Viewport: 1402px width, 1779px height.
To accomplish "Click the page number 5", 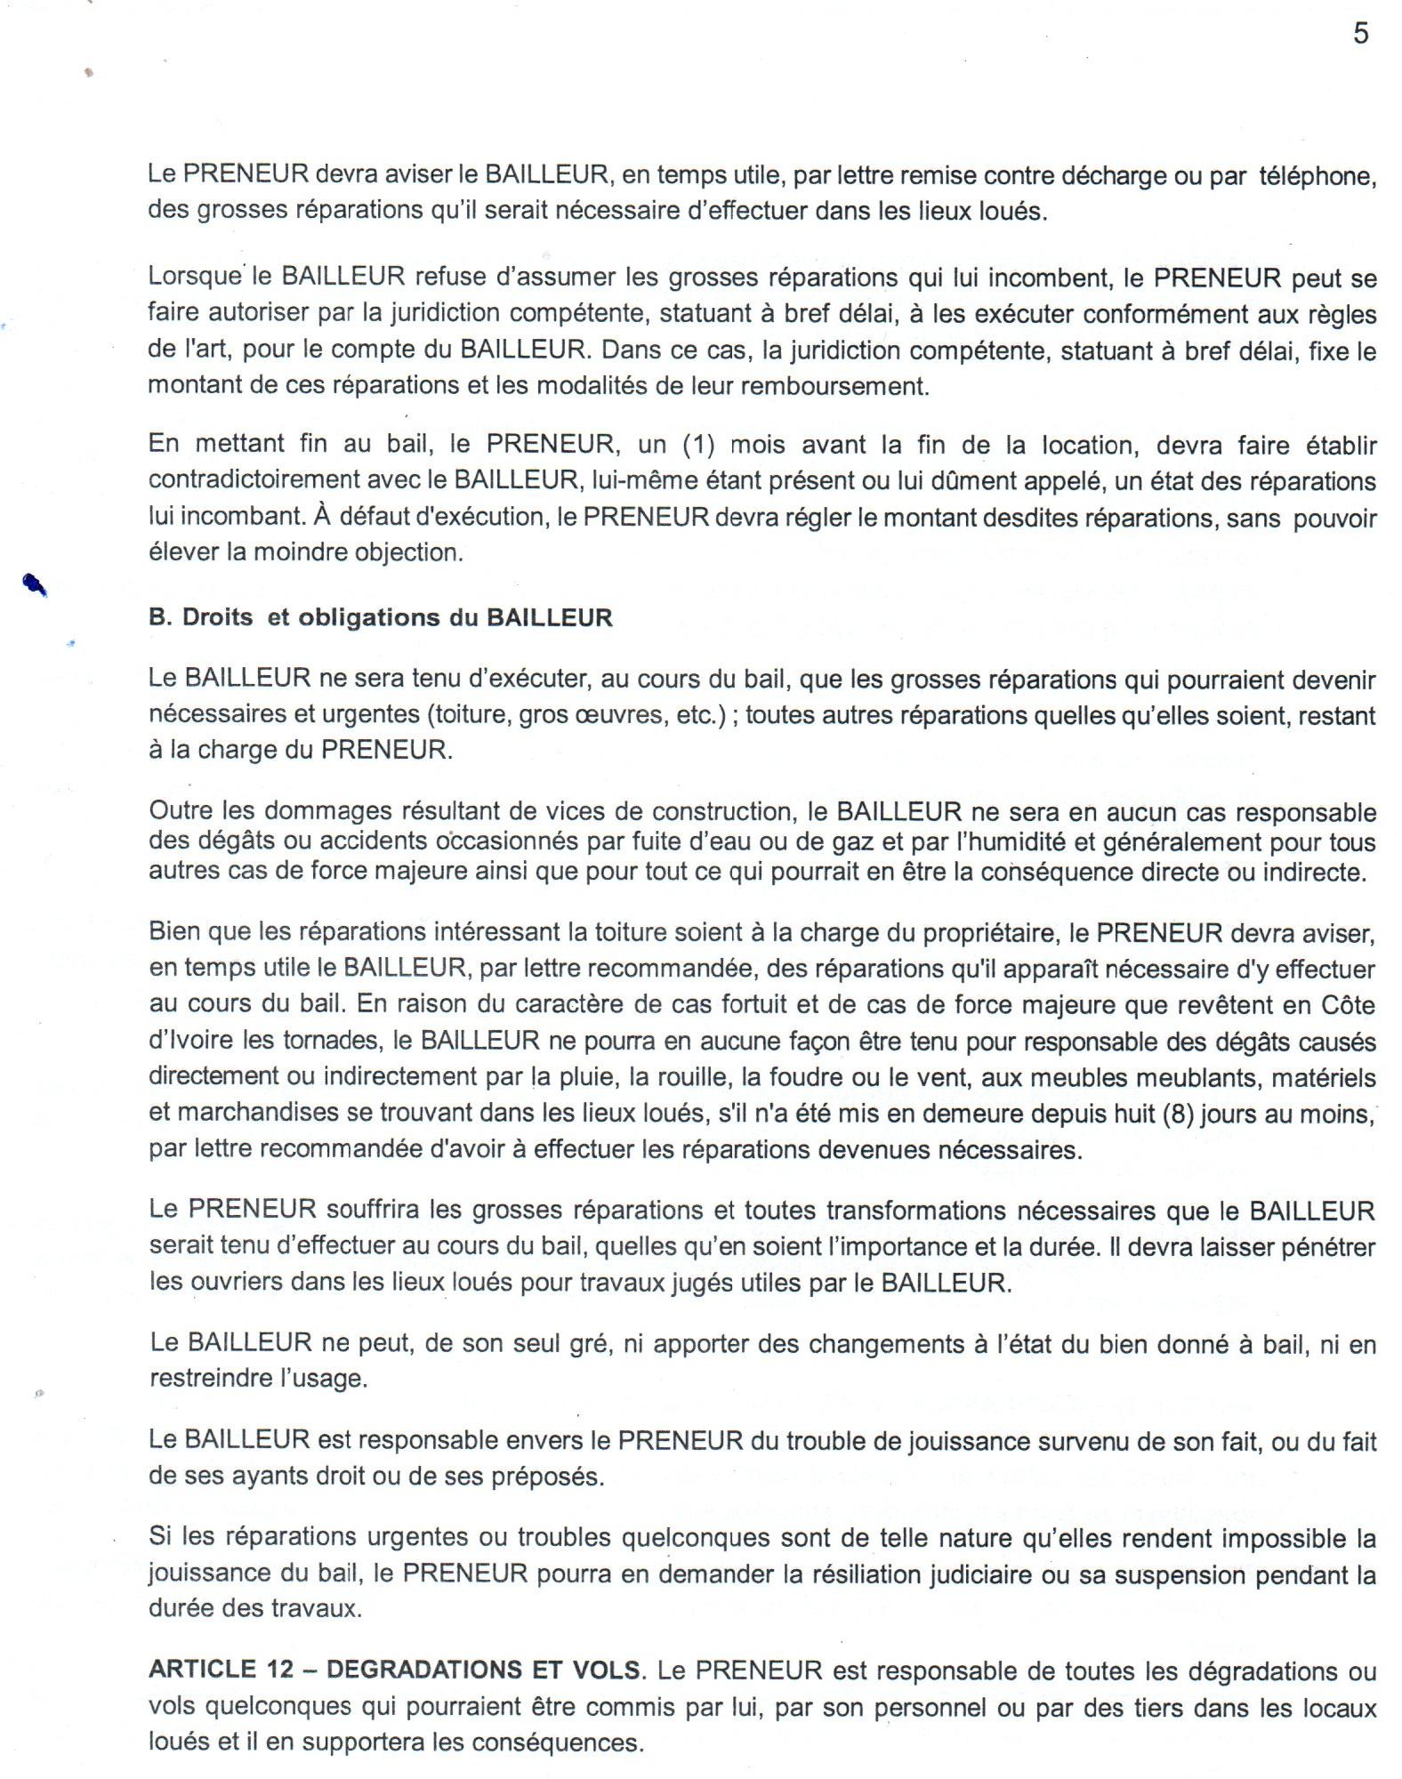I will pos(1360,34).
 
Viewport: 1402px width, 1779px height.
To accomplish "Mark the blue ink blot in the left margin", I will pos(35,584).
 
